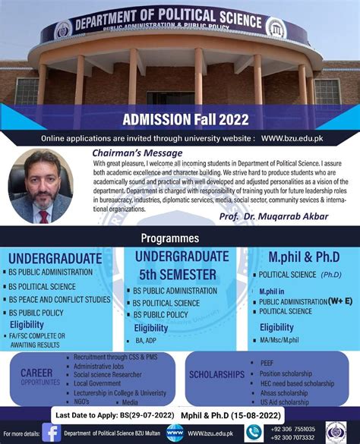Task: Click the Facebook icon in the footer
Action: [51, 432]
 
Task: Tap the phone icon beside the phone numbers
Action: [254, 432]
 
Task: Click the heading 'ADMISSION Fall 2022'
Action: [179, 119]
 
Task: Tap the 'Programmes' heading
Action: [179, 238]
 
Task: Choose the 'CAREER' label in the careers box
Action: [36, 373]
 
